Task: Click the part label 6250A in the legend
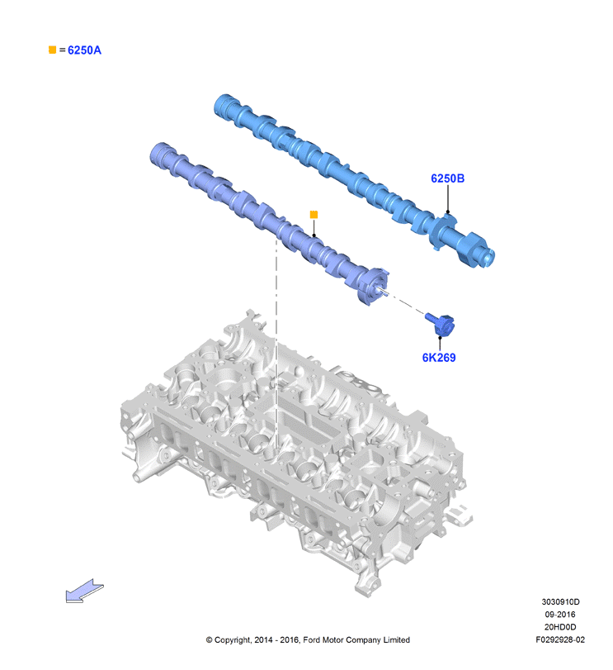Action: click(x=84, y=50)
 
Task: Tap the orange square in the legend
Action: click(x=53, y=50)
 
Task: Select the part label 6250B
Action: click(x=447, y=178)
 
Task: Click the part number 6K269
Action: click(x=439, y=358)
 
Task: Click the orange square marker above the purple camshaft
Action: click(x=314, y=215)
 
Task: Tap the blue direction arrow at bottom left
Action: click(x=84, y=591)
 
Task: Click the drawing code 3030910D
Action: click(x=560, y=602)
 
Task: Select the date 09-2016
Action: click(x=560, y=615)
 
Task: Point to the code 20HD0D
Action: click(x=560, y=627)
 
